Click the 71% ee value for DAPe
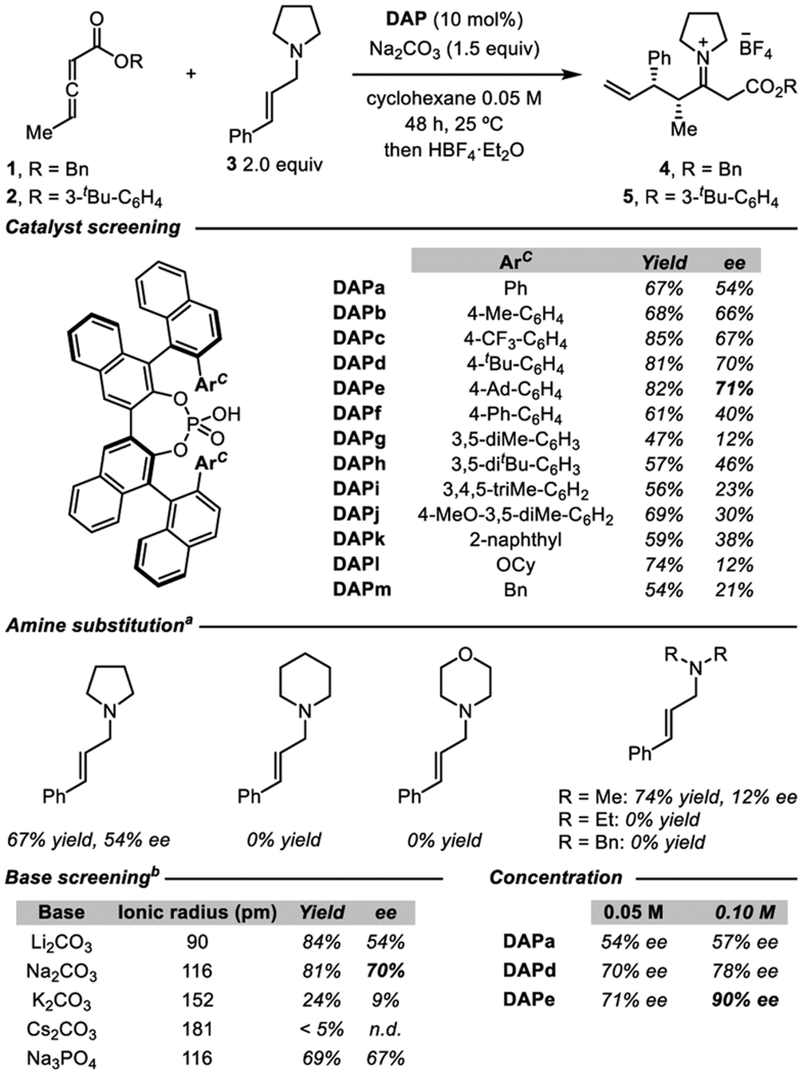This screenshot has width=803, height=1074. point(734,389)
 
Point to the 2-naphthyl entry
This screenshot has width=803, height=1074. point(515,539)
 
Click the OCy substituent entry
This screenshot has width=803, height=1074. point(515,564)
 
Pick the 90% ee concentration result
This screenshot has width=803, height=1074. point(745,1000)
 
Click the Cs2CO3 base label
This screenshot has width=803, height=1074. point(61,1030)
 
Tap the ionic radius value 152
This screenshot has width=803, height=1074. point(197,1000)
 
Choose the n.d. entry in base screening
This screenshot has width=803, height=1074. point(385,1029)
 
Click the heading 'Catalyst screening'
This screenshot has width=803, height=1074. point(93,227)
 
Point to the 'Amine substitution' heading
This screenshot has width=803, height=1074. point(99,625)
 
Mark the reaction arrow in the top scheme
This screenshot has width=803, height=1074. point(465,75)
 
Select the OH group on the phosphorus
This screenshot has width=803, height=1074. point(226,414)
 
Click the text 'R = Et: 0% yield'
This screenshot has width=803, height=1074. point(629,820)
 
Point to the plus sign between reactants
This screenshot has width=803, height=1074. point(191,75)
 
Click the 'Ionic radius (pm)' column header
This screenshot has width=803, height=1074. point(197,912)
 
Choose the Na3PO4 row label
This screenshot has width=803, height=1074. point(61,1059)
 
